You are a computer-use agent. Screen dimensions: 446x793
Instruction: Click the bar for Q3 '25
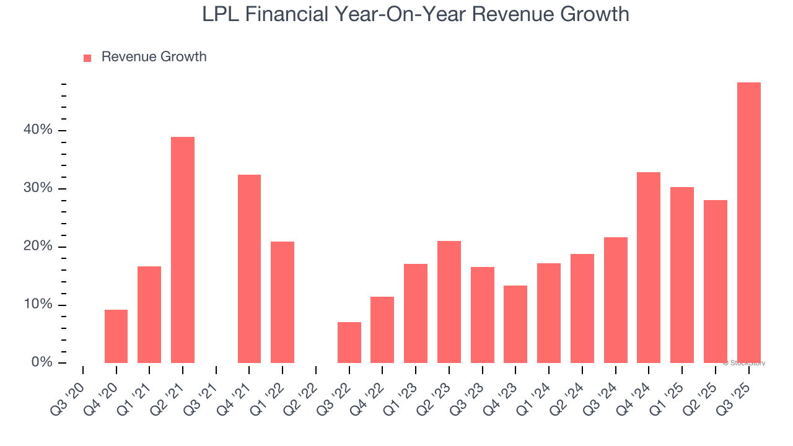click(748, 222)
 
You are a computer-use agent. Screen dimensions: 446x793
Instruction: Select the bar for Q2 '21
click(183, 250)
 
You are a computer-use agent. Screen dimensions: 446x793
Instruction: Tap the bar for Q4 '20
click(116, 336)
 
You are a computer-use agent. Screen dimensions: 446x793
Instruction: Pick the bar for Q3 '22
click(349, 343)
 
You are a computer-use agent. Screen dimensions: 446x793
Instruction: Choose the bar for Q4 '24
click(649, 268)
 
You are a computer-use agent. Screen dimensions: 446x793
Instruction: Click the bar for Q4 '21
click(249, 269)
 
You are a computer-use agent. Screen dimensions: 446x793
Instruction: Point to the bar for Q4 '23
click(515, 324)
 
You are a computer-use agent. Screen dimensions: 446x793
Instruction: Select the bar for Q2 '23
click(449, 302)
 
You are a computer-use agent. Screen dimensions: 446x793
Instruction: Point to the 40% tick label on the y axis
click(38, 130)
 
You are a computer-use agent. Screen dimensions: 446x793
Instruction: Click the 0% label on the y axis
click(42, 362)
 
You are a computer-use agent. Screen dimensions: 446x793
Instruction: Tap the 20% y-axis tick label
click(38, 247)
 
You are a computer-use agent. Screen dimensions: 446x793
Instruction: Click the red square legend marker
click(87, 58)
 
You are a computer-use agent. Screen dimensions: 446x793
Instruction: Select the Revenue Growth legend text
click(154, 57)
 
